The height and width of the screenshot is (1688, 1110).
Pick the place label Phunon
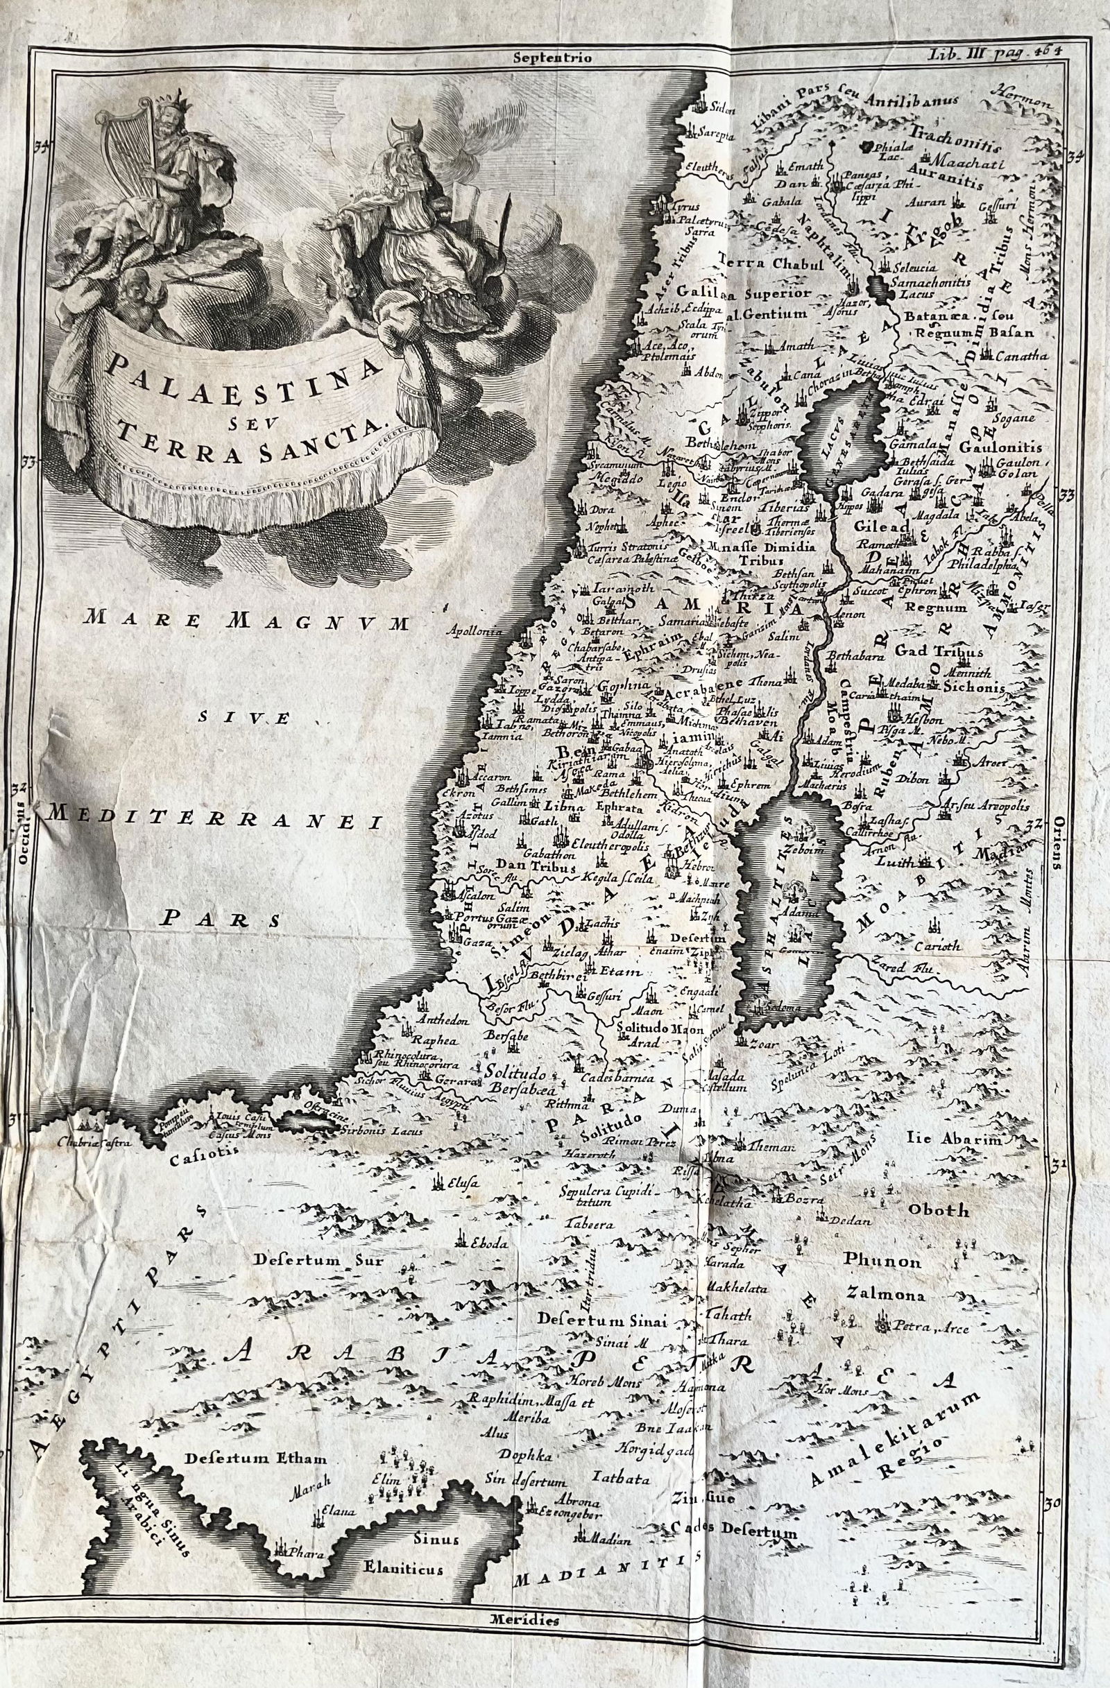point(882,1261)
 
